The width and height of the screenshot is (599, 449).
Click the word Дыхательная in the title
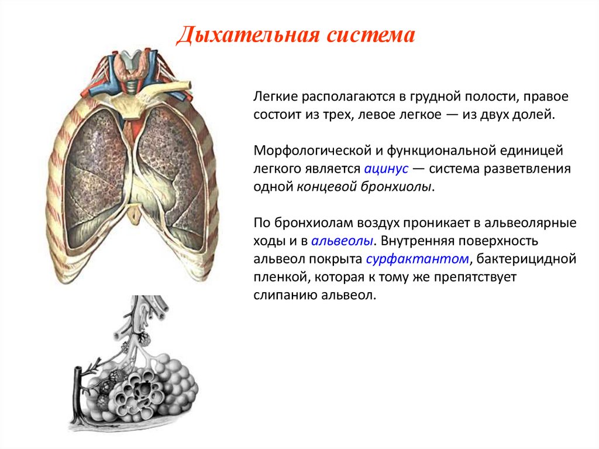click(248, 35)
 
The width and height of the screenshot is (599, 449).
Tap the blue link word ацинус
click(386, 169)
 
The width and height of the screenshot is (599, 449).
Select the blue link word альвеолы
click(342, 241)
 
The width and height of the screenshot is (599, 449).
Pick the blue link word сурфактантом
click(418, 259)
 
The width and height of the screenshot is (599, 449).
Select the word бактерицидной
click(526, 259)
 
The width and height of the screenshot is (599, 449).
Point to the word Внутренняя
click(418, 241)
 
